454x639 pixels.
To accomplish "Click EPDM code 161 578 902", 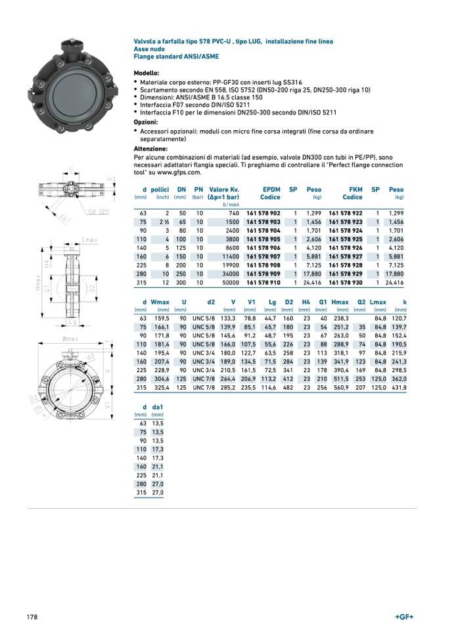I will coord(263,214).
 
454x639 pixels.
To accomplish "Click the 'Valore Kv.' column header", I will coord(223,189).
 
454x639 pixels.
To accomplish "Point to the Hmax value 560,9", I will coord(342,388).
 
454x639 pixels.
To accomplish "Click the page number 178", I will coord(32,617).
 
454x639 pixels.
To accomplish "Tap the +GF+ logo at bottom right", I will coord(404,617).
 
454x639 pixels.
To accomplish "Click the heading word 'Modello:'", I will coord(146,72).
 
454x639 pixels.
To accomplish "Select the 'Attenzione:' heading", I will coord(150,149).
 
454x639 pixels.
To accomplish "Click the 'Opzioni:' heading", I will coord(145,122).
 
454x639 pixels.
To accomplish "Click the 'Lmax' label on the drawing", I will coord(90,241).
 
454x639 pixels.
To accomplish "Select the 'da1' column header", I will coord(157,408).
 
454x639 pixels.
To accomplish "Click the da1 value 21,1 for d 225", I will coord(157,475).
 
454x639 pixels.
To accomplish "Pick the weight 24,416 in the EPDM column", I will coord(311,282).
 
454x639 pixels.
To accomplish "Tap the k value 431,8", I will coord(399,388).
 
